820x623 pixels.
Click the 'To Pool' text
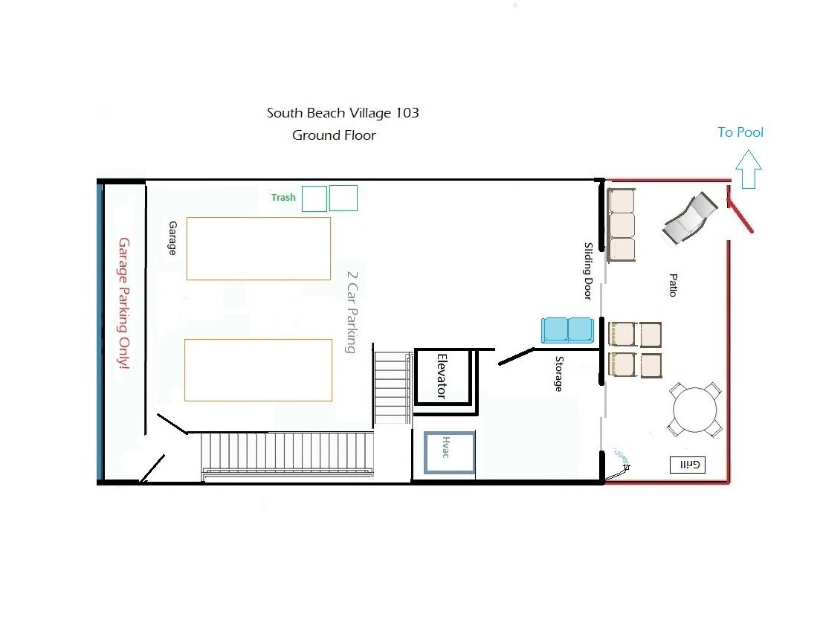point(740,132)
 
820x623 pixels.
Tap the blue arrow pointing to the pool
point(749,169)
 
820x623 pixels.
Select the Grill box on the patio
point(688,465)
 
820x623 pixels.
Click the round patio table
point(694,410)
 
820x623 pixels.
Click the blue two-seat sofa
point(567,330)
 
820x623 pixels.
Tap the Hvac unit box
point(449,453)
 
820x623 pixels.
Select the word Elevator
point(442,376)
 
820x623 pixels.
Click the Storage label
point(559,373)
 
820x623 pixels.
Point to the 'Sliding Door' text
point(588,271)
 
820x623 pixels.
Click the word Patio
point(673,285)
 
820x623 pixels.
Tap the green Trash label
point(283,197)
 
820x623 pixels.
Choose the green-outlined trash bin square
point(343,198)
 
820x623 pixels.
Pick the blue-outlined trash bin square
point(314,198)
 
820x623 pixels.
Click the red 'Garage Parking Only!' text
point(124,303)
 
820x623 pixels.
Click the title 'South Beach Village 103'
point(343,112)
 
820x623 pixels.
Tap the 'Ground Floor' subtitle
point(334,135)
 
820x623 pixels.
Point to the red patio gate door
point(740,210)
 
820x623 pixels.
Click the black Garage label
point(172,238)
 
